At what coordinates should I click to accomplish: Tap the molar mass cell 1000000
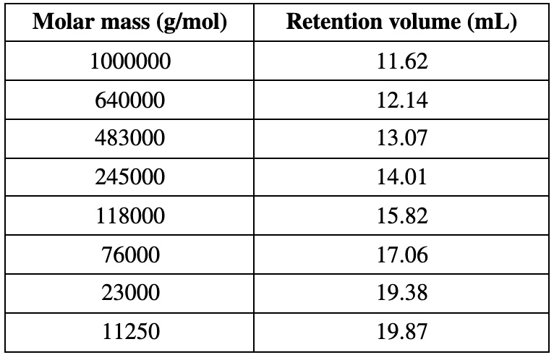pyautogui.click(x=130, y=62)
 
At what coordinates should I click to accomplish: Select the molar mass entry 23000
pyautogui.click(x=130, y=293)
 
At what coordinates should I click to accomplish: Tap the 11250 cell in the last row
pyautogui.click(x=130, y=333)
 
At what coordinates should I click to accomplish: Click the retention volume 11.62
pyautogui.click(x=403, y=62)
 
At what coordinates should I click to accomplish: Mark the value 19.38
pyautogui.click(x=403, y=293)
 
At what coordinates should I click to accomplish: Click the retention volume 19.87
pyautogui.click(x=403, y=333)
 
